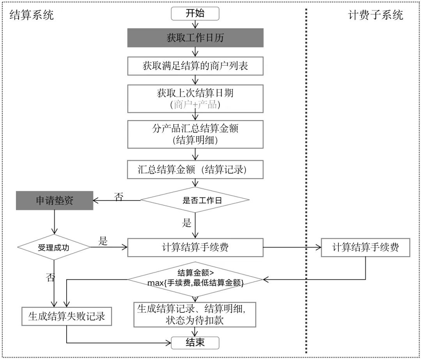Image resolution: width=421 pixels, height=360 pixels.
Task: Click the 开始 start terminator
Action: pos(195,14)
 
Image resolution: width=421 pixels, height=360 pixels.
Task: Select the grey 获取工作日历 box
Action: pos(195,38)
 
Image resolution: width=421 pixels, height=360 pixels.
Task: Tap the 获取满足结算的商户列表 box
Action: pos(195,66)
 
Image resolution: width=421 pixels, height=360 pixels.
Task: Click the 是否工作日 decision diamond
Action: pos(195,201)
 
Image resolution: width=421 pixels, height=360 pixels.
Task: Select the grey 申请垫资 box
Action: pos(55,201)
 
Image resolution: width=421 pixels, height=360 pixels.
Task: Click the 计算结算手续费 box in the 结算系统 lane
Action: pos(195,247)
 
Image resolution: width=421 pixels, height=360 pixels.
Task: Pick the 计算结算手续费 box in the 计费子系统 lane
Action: pos(366,247)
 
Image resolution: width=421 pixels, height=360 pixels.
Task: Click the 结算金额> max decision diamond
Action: pos(195,278)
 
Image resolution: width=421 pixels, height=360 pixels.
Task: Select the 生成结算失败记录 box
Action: pos(67,316)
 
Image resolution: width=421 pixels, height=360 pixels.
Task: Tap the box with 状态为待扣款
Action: pos(195,314)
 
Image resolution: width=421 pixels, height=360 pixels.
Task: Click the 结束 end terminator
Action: pos(195,343)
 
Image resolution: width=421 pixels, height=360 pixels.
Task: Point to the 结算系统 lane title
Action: pos(31,15)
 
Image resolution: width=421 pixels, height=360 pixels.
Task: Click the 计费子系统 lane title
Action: pos(375,15)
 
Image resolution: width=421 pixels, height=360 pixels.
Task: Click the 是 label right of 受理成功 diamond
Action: pos(103,241)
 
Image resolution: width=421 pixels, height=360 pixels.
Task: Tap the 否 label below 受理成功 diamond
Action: pos(50,277)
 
